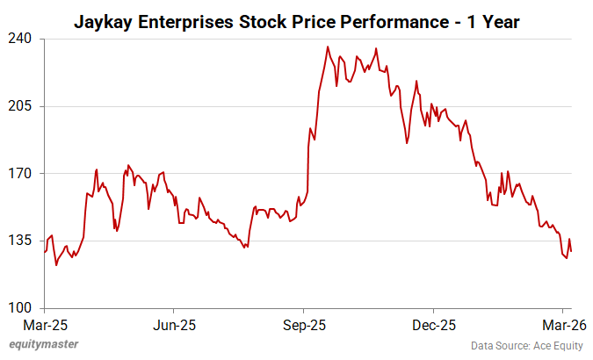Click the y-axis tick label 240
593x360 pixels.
(22, 39)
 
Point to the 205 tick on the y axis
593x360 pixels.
(22, 106)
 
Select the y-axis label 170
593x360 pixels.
(22, 174)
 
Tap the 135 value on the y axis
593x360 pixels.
(22, 241)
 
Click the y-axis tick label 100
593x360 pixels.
(22, 308)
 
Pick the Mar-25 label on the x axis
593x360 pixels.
(44, 325)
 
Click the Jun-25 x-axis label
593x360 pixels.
(174, 325)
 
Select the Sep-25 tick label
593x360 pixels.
(304, 325)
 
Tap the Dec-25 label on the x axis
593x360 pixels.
(433, 325)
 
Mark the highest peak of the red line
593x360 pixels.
(328, 47)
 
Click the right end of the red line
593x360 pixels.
(572, 252)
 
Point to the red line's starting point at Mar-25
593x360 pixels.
(45, 252)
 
